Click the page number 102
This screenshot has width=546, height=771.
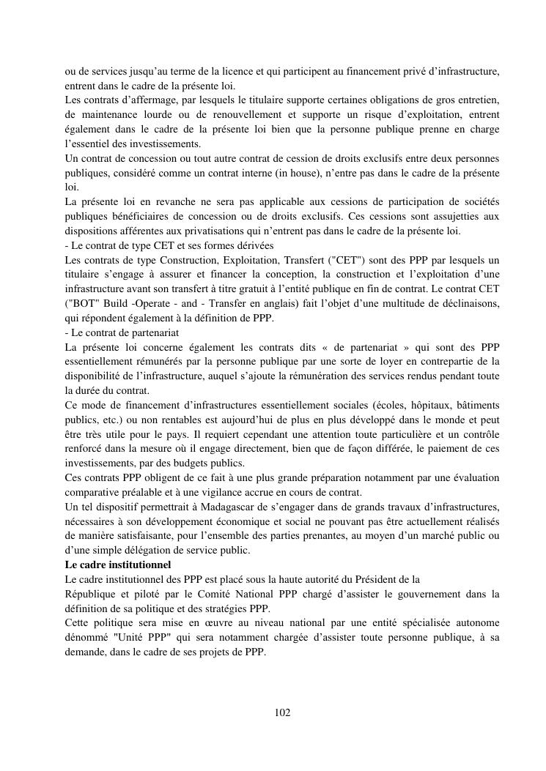[x=282, y=712]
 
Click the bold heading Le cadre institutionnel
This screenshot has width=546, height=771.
[x=117, y=565]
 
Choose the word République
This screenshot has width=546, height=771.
[x=91, y=594]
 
